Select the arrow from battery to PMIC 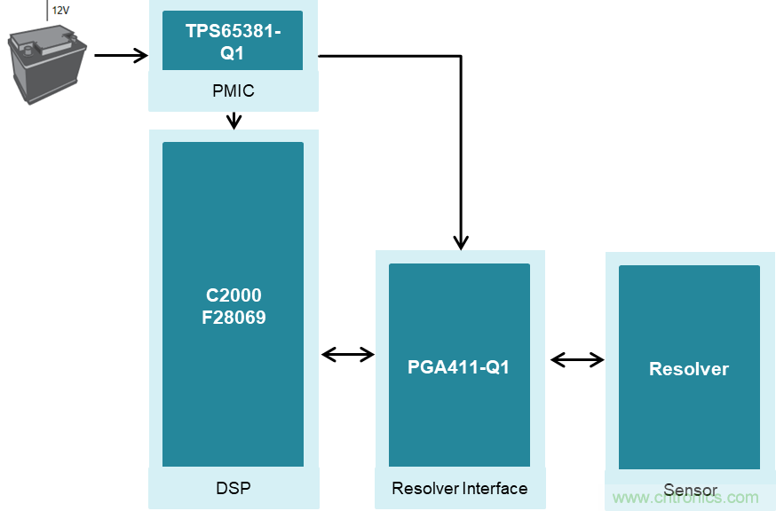click(121, 56)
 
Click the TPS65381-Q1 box click(232, 41)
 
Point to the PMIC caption click(233, 90)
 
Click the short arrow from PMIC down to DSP click(234, 120)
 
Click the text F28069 click(234, 317)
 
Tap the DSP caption click(233, 487)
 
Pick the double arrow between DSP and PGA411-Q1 click(347, 355)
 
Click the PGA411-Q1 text click(459, 366)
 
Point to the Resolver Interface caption click(459, 488)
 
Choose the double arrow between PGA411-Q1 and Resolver click(577, 359)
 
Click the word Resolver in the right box click(688, 369)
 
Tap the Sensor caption click(690, 491)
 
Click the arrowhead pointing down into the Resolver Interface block click(460, 241)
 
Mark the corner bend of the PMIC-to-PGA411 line click(460, 56)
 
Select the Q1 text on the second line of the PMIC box click(232, 52)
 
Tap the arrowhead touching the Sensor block click(598, 359)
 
